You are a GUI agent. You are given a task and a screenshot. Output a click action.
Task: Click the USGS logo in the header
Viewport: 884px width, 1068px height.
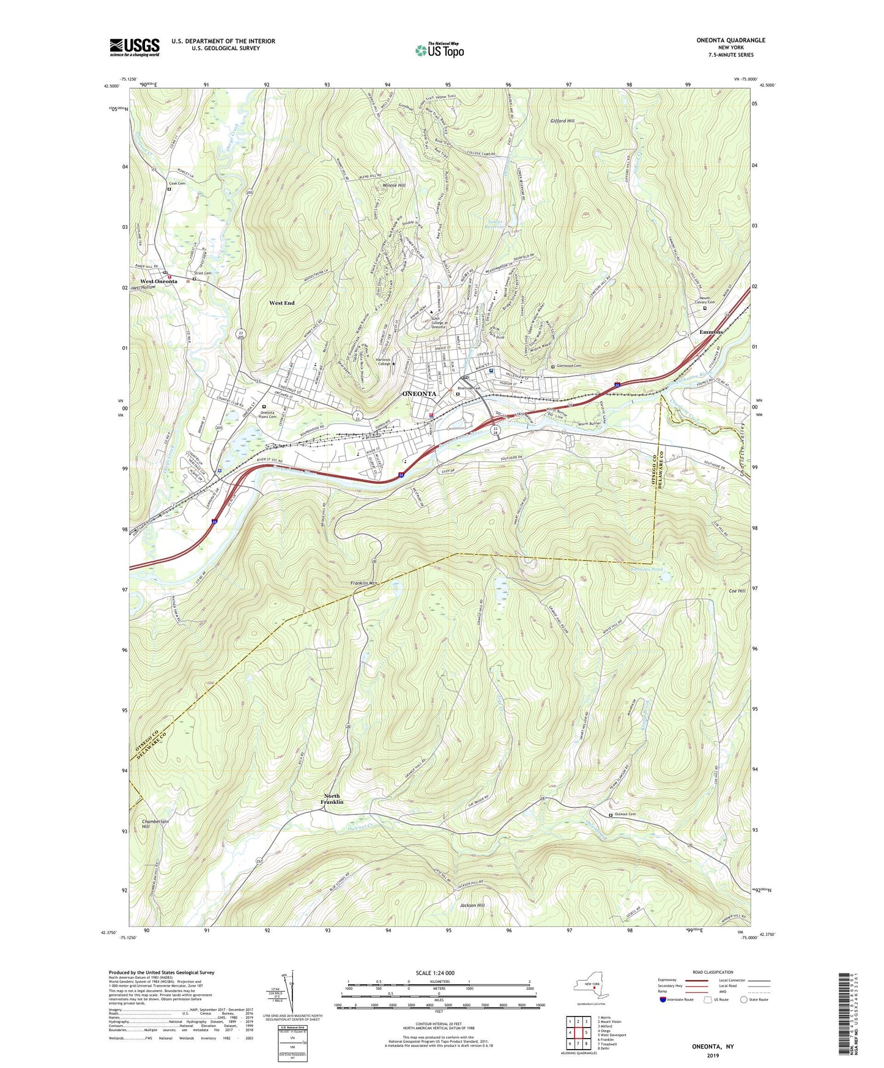[135, 47]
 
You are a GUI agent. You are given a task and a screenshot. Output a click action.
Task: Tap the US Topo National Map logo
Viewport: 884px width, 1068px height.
[439, 50]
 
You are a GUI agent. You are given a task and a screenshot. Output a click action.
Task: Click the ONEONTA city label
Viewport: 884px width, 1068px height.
[419, 394]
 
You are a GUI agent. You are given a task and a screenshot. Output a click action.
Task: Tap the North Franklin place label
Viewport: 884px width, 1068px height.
[333, 799]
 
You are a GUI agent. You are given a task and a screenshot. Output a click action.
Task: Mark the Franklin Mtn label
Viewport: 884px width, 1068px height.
[365, 584]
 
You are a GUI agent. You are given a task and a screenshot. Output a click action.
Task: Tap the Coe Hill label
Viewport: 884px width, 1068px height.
[737, 591]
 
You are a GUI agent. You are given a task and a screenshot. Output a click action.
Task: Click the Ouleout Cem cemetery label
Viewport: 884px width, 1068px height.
[626, 814]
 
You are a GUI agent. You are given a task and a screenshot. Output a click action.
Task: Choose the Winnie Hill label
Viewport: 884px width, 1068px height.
[393, 185]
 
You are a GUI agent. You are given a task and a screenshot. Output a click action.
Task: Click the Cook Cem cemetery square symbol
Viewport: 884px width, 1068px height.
[169, 189]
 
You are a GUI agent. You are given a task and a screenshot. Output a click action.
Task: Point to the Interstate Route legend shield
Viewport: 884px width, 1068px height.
[664, 999]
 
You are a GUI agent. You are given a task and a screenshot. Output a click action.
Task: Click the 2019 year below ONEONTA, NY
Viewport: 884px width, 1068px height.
[713, 1055]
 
